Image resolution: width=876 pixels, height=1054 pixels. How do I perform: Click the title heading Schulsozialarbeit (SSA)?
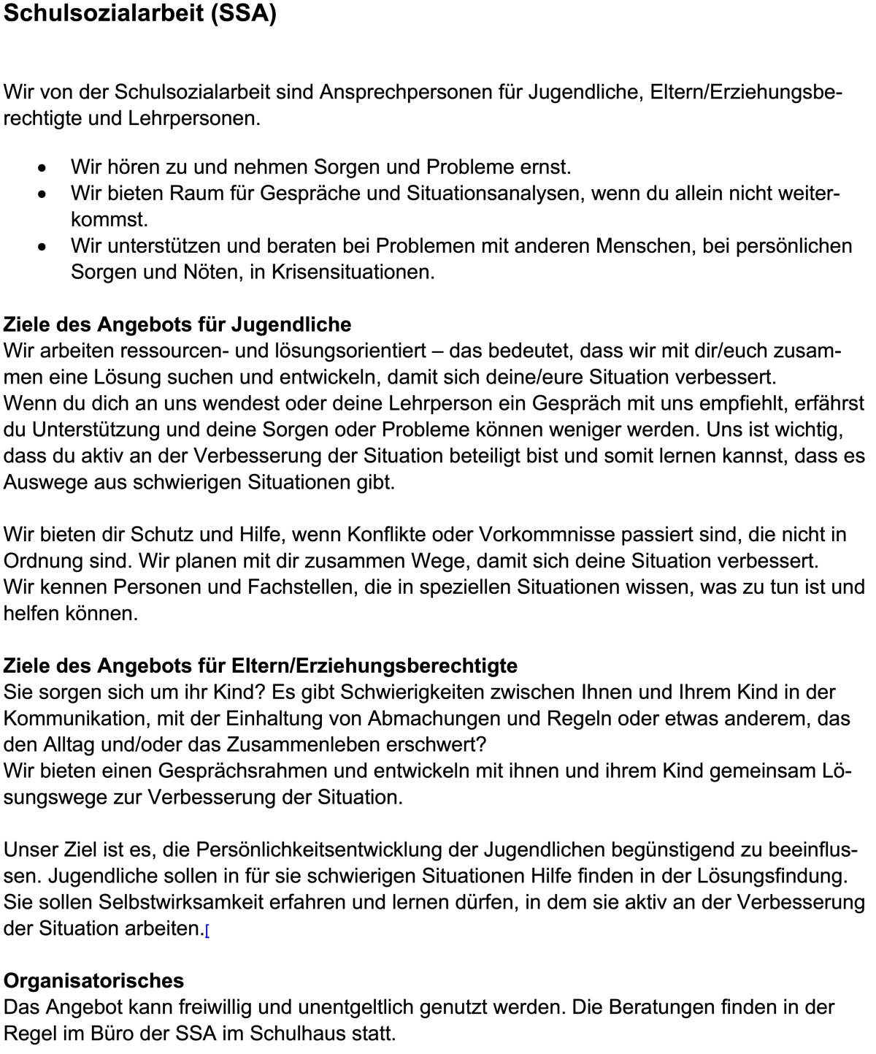point(140,15)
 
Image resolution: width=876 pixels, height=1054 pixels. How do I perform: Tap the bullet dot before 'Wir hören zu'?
point(44,168)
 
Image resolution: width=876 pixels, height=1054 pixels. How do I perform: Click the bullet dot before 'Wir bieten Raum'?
point(44,194)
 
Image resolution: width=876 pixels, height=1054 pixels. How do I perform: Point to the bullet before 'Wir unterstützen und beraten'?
point(44,247)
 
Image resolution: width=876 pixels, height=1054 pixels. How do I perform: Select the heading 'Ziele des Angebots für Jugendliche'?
point(177,324)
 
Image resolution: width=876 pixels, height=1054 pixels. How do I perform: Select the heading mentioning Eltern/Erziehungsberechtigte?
point(261,665)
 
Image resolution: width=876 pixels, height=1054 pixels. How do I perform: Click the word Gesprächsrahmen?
point(240,771)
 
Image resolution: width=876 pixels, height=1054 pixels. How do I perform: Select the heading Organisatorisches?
point(93,980)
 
